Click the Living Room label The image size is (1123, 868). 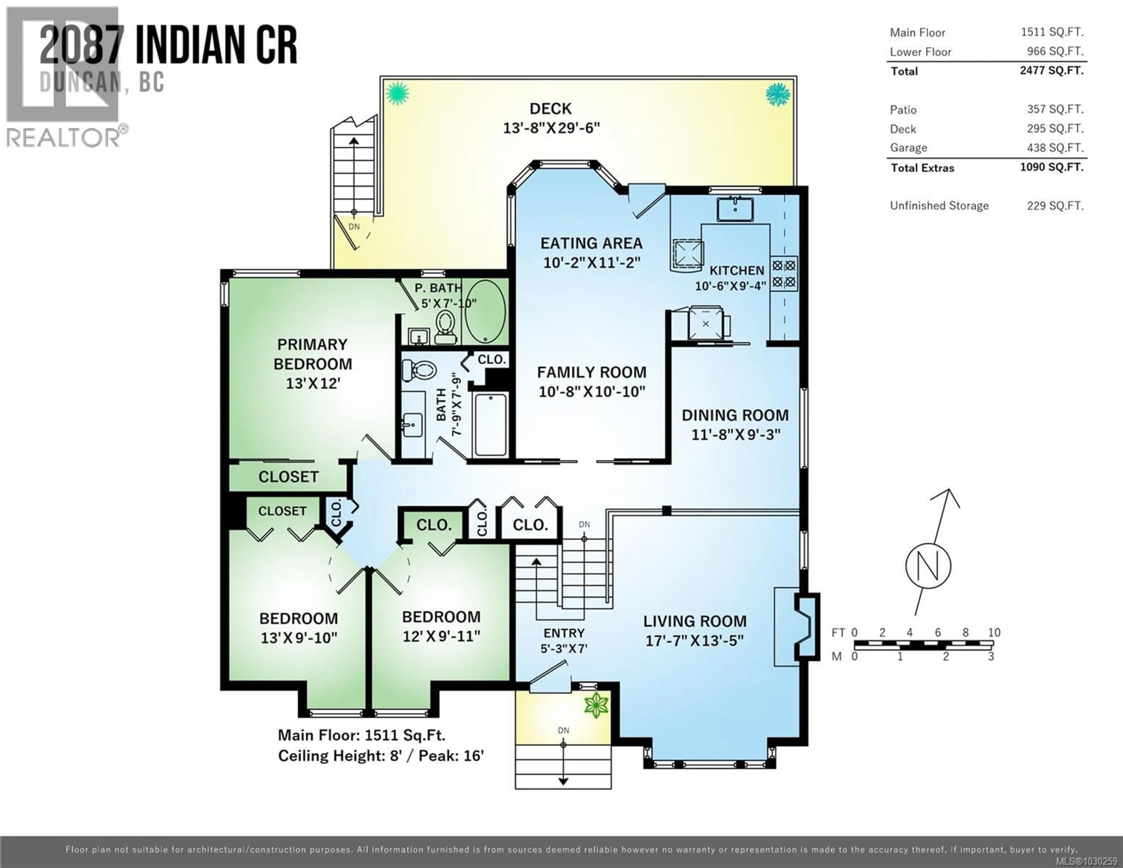point(694,621)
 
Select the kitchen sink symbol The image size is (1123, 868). point(735,208)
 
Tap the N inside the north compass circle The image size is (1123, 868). point(928,566)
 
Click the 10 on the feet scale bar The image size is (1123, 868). point(994,632)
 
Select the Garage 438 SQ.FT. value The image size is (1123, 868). point(1055,148)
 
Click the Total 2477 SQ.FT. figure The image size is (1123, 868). point(1052,71)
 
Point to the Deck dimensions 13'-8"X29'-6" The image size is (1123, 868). point(551,128)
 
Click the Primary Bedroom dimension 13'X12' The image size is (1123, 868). point(313,383)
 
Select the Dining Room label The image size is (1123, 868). point(735,415)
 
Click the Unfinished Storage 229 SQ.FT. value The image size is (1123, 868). point(1055,206)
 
